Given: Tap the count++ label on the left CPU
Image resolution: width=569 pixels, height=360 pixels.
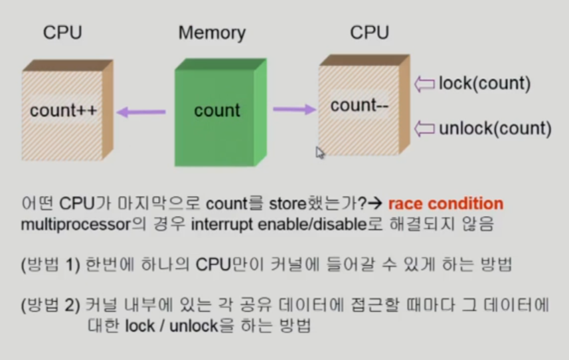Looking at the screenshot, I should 64,110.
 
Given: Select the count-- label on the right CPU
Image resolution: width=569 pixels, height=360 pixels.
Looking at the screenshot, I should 359,106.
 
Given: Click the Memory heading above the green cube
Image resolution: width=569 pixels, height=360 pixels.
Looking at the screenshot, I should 212,33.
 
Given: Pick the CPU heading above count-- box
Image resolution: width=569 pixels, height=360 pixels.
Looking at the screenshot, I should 369,32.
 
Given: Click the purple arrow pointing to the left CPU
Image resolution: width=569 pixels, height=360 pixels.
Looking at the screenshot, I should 141,113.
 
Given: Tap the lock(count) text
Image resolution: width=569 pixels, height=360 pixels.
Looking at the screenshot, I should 485,84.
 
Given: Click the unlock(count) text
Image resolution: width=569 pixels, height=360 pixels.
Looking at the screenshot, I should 495,128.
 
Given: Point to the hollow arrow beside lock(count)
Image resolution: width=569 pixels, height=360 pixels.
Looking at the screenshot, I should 424,84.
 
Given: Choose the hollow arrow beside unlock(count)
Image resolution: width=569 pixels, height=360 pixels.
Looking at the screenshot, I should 424,128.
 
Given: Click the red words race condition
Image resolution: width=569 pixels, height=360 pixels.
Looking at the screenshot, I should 446,203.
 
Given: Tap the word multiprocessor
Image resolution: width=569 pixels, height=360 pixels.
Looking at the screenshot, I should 74,224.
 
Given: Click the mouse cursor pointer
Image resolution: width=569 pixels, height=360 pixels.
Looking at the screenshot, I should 320,153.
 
